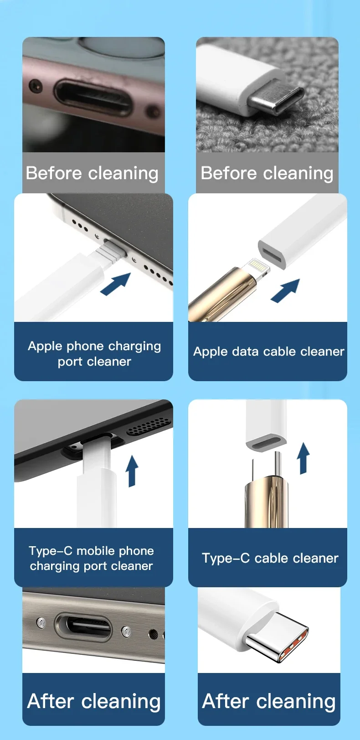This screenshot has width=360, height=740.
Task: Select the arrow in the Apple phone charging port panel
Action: tap(116, 284)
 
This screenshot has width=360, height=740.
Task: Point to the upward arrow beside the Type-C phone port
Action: tap(132, 471)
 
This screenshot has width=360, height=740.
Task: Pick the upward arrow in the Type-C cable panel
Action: tap(303, 459)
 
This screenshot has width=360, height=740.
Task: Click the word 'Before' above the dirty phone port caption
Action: tap(53, 173)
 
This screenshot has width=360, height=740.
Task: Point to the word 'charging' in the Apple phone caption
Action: tap(135, 347)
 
